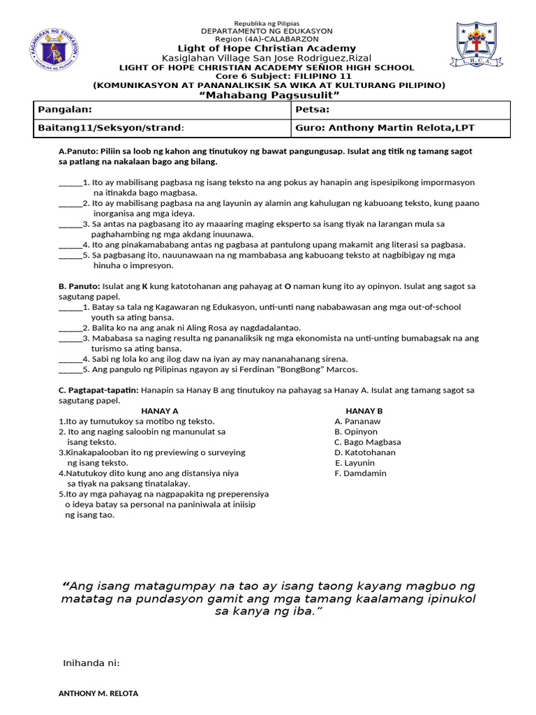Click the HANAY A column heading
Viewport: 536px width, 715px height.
[160, 411]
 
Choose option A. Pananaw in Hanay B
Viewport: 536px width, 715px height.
[357, 422]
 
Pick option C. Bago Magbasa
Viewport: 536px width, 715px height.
[367, 442]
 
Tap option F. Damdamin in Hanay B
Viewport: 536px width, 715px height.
[360, 473]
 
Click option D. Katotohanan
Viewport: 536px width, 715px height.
[364, 452]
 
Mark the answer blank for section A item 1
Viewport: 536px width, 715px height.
[70, 183]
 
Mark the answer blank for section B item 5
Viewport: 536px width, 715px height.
[70, 370]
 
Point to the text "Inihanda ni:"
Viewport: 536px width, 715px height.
[91, 663]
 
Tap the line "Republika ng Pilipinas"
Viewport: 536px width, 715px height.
[267, 24]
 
